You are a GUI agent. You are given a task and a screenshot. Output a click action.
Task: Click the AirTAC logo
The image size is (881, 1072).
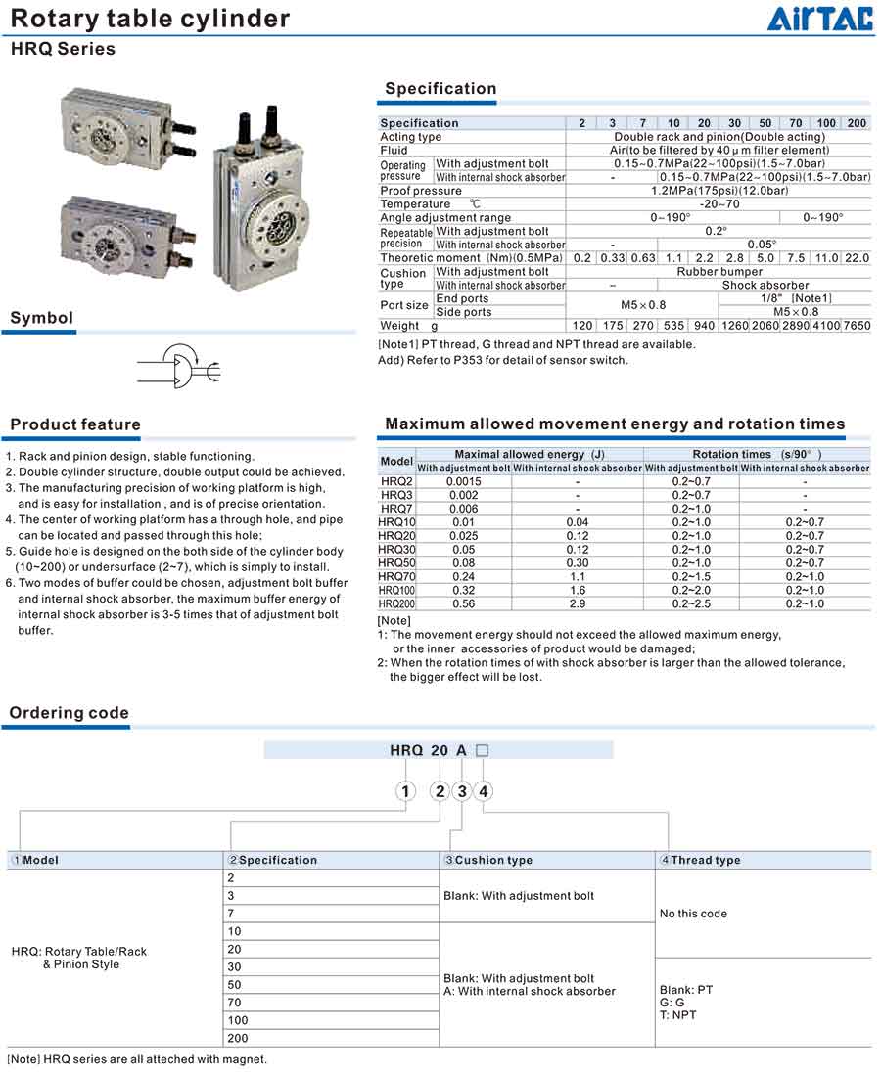(x=820, y=19)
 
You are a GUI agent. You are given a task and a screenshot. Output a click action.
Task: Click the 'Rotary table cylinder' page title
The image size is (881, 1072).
(x=150, y=19)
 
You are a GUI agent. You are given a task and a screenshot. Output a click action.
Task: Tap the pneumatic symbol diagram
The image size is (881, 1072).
(x=179, y=368)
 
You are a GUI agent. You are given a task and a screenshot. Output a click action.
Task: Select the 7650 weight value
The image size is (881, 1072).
(x=857, y=326)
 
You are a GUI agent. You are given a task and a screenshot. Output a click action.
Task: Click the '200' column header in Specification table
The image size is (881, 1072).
(x=857, y=123)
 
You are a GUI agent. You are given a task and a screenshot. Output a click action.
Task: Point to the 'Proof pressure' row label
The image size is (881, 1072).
(x=421, y=191)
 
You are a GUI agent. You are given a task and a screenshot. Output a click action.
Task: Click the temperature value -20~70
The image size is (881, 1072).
(x=719, y=204)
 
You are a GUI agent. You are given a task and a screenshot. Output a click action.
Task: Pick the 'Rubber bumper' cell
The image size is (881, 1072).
(x=719, y=272)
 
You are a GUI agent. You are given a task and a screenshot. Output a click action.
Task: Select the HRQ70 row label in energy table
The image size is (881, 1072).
(x=396, y=578)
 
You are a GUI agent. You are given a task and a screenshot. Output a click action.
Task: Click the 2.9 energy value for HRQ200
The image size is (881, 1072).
(x=578, y=604)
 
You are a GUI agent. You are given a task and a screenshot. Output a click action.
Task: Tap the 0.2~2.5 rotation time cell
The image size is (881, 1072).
(x=691, y=604)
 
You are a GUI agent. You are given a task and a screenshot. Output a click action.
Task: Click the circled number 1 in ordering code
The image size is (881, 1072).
(x=405, y=791)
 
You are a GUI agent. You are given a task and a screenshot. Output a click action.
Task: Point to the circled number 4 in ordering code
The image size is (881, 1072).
(x=484, y=791)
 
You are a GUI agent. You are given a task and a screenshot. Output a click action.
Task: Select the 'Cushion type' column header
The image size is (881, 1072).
(x=488, y=861)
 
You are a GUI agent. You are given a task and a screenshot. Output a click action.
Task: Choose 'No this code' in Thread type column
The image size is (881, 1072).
(x=693, y=914)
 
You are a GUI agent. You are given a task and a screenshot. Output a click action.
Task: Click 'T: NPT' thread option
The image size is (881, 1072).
(x=678, y=1015)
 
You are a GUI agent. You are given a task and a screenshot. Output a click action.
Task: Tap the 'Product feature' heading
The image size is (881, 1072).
(x=75, y=424)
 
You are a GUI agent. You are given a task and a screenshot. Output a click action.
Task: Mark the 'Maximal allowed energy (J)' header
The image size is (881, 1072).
(x=529, y=455)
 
